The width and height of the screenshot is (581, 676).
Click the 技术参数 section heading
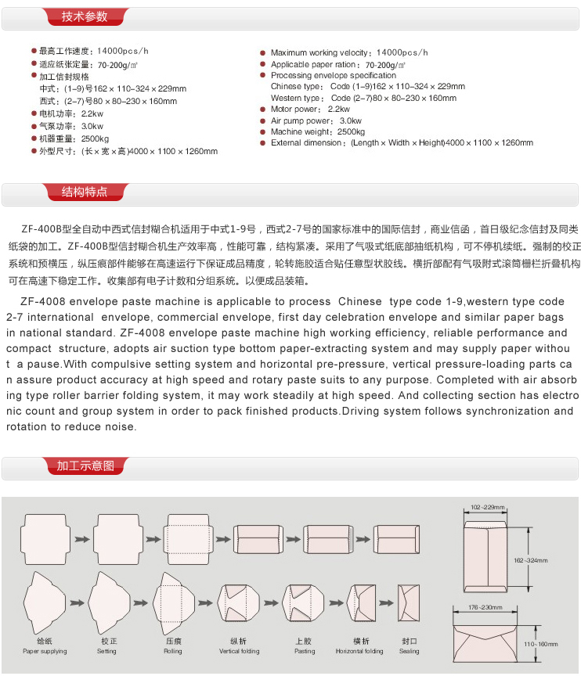85,16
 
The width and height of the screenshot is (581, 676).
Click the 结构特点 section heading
85,192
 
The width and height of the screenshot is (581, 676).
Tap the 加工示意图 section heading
85,466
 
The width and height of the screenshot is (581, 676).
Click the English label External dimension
307,143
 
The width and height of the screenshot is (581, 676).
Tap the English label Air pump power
301,121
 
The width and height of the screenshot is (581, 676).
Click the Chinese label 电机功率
57,114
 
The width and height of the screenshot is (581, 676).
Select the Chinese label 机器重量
57,138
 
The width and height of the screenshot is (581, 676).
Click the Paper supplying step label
45,651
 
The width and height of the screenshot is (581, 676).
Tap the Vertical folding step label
240,651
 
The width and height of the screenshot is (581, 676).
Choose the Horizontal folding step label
359,651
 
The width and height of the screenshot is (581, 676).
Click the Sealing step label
409,651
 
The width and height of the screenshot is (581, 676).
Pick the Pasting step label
305,651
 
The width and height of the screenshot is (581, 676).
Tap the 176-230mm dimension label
485,607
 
